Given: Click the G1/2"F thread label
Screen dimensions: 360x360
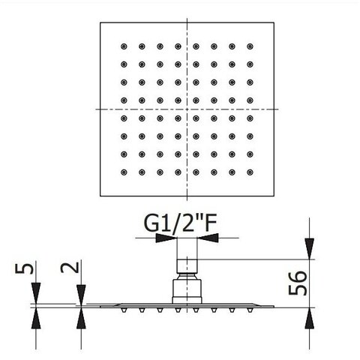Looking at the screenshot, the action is coord(180,223).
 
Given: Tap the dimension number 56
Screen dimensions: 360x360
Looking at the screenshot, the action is coord(298,283).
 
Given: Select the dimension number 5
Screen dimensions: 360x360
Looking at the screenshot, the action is coord(24,268).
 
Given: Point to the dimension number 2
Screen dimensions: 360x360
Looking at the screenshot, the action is coord(70,267).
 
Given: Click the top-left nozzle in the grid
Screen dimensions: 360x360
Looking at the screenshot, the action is coord(124,46).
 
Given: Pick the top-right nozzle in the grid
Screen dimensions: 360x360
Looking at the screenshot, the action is coord(250,46).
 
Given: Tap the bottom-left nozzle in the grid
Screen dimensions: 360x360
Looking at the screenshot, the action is coord(124,172).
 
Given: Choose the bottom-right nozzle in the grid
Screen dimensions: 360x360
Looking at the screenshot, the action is coord(250,172).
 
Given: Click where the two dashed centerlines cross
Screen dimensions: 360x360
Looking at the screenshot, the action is coord(187,109).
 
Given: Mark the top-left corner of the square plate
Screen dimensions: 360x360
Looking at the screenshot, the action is coord(100,22).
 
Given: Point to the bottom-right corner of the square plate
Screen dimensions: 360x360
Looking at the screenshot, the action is coord(274,196).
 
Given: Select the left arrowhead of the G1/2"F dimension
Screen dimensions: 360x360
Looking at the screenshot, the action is coord(166,238).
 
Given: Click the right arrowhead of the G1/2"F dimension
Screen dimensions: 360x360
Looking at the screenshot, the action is coord(208,238).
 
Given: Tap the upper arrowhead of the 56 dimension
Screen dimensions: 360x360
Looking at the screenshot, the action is coord(310,249).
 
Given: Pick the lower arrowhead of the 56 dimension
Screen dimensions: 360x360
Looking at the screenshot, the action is coord(310,318).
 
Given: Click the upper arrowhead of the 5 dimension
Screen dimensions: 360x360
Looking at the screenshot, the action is coord(36,293).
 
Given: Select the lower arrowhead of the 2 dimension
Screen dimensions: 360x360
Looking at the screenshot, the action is coord(81,318).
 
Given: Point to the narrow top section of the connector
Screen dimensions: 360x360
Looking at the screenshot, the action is coord(187,266).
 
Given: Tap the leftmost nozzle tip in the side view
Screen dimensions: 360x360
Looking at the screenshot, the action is coord(124,310).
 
